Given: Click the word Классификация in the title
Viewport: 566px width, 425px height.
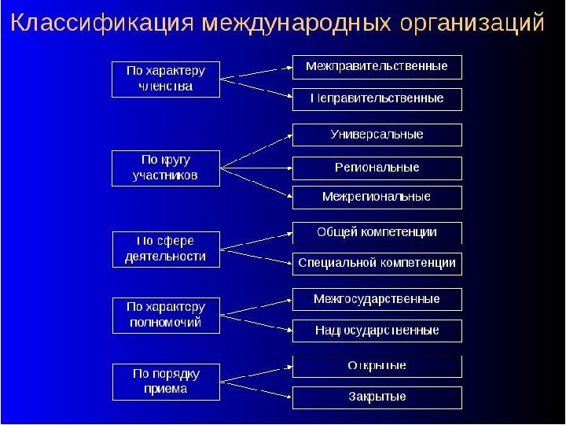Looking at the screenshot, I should tap(101, 23).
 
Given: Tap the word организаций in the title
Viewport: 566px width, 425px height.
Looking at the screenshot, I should tap(472, 23).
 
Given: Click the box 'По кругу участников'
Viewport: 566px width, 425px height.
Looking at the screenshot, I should tap(166, 168).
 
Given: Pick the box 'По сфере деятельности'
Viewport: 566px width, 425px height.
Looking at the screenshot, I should tap(166, 248).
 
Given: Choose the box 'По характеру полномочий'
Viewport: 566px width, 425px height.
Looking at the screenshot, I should tap(166, 314).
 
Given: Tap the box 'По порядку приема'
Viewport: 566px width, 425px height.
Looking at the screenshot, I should tap(166, 381).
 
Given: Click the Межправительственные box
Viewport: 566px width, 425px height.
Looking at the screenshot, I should tap(377, 67).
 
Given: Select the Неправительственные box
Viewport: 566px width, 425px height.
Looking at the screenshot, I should tap(377, 99).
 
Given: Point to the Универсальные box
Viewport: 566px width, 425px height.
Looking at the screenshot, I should tap(377, 135).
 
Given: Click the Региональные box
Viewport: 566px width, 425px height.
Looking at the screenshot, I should tap(377, 168).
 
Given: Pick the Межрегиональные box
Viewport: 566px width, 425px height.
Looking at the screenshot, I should tap(377, 197).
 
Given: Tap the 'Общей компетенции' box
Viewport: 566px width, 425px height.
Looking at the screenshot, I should tap(377, 233).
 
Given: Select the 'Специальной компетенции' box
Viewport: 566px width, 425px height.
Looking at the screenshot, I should tap(377, 264).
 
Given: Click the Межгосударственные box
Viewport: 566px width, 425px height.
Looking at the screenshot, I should tap(377, 299).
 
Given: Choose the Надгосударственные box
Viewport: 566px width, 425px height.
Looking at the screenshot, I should tap(377, 331).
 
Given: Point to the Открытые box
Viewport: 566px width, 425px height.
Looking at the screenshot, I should tap(377, 366).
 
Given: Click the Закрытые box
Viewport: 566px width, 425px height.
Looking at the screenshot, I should tap(377, 397).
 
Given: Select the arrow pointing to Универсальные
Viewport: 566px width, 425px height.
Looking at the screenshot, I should tap(256, 150).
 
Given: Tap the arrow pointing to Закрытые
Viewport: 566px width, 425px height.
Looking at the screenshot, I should tap(256, 388).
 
